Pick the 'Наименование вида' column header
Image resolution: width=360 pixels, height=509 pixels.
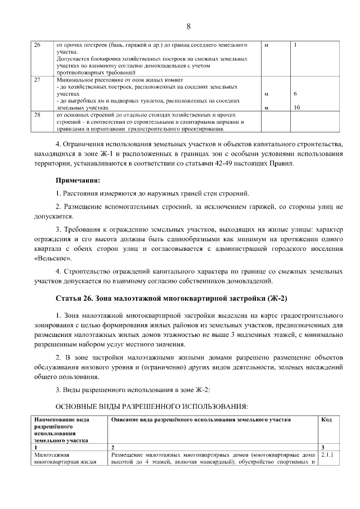click(x=62, y=420)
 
